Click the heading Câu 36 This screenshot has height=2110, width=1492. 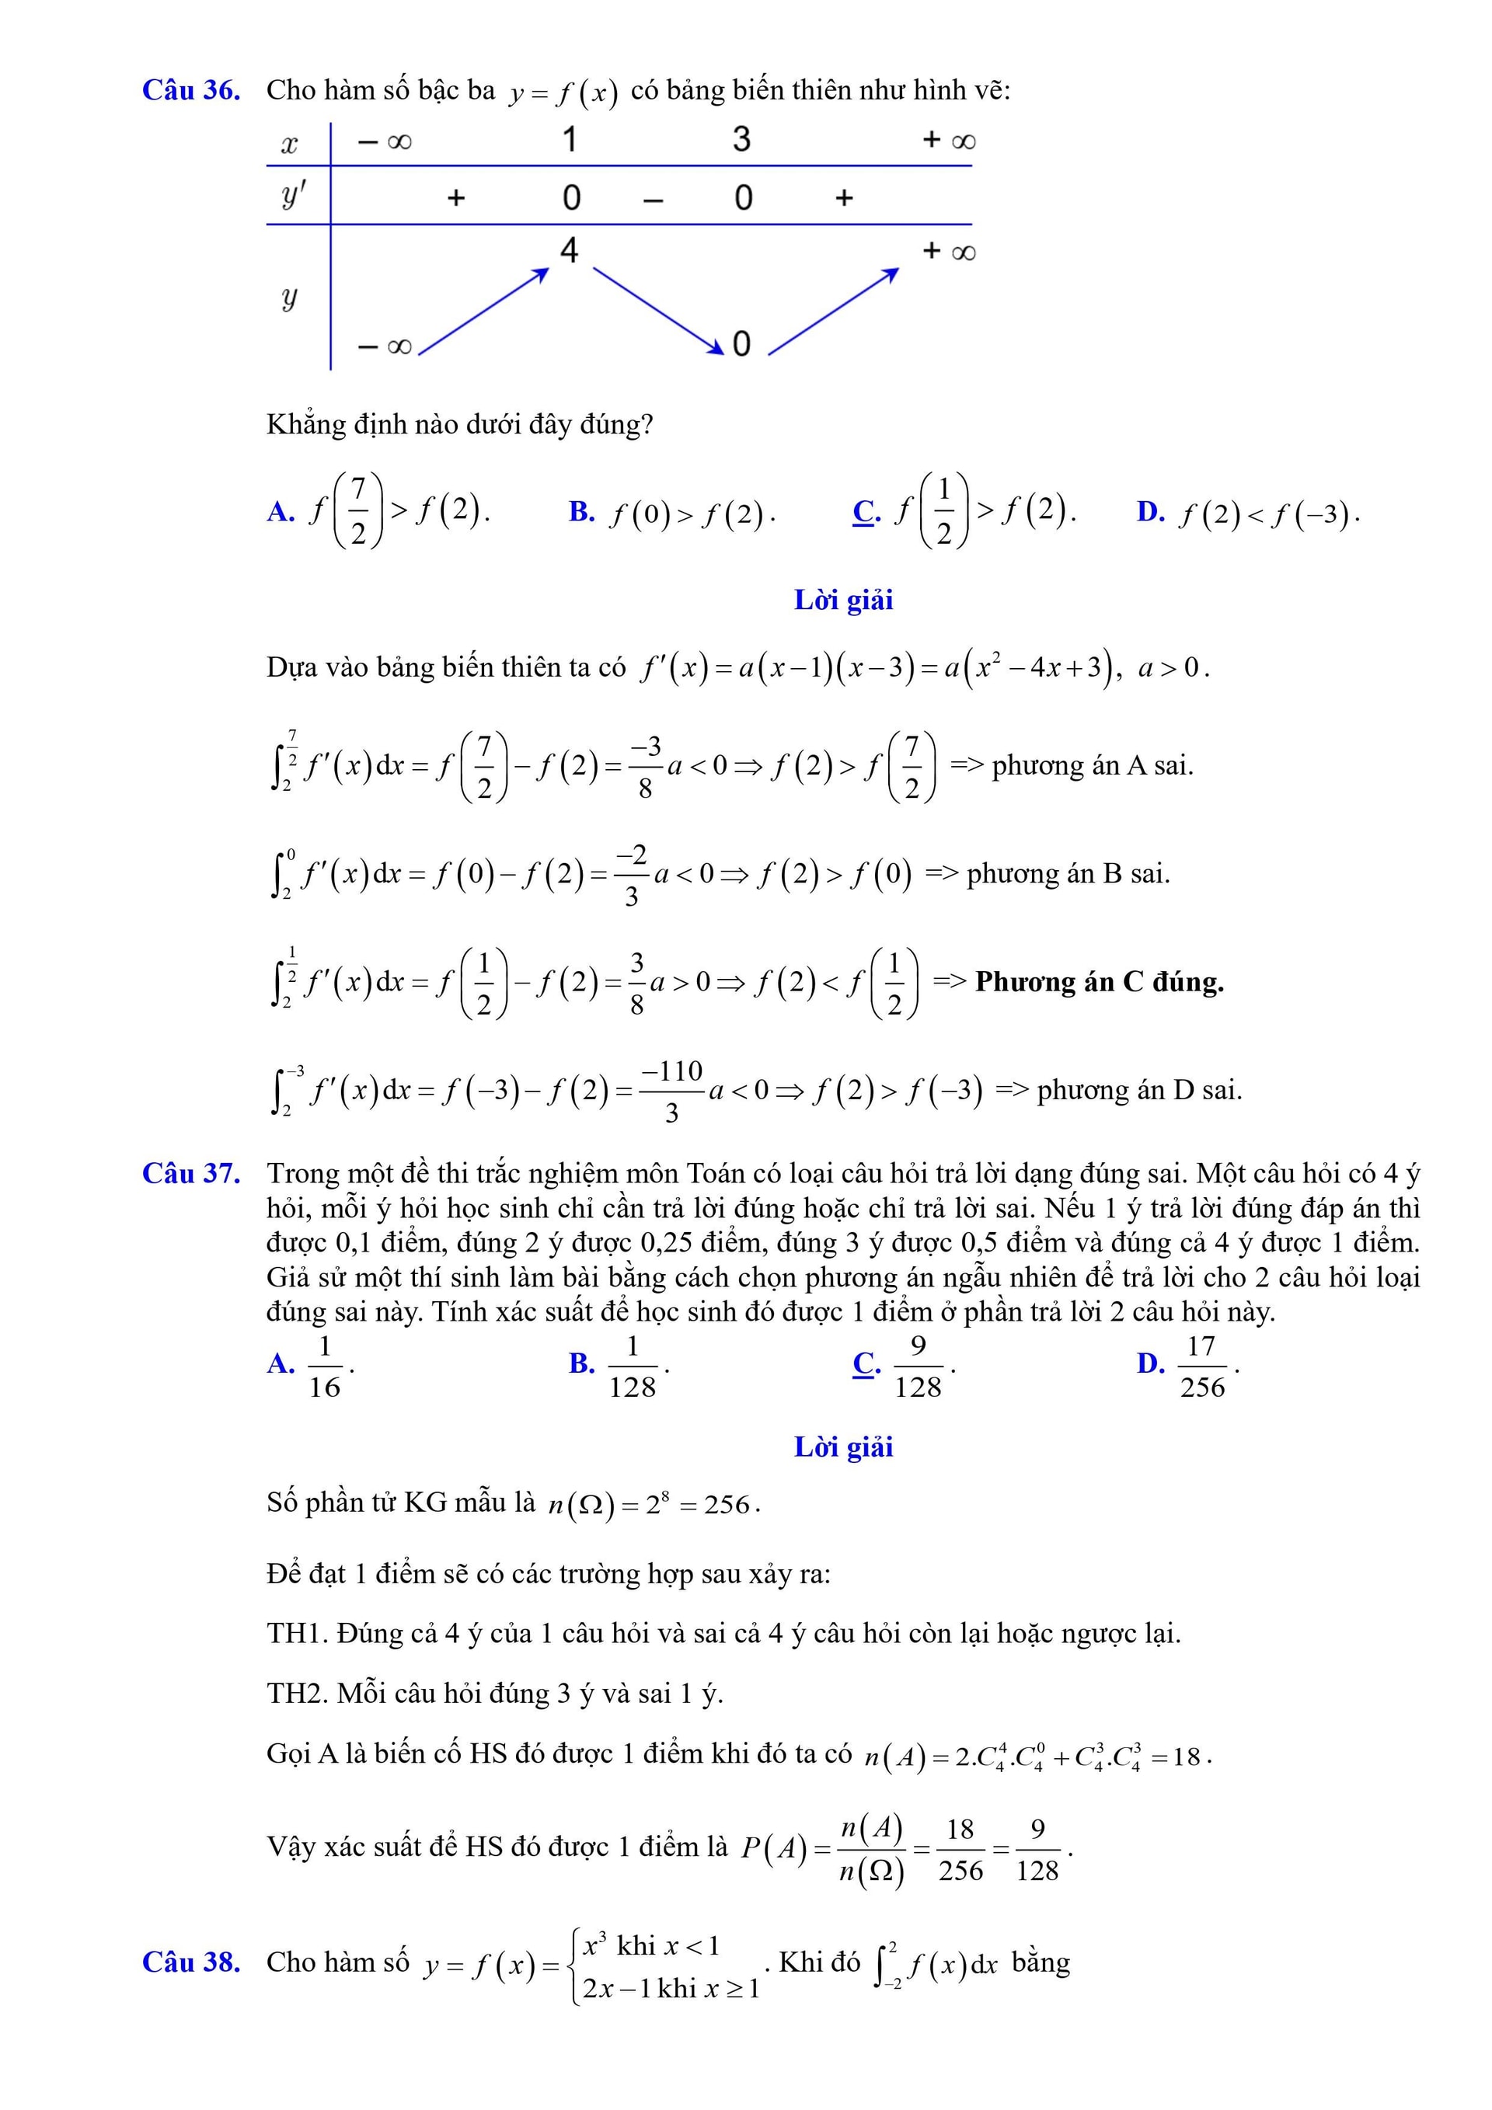[x=190, y=90]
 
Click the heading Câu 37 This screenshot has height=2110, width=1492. [x=190, y=1174]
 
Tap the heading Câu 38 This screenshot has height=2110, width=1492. [x=190, y=1962]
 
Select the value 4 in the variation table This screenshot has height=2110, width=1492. [x=569, y=250]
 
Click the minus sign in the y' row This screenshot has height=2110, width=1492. [x=653, y=199]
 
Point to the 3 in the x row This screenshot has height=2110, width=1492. [x=741, y=140]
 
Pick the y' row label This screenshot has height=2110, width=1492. [x=292, y=196]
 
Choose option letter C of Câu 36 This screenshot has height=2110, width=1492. [x=866, y=511]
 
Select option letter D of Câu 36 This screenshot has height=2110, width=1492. [x=1150, y=512]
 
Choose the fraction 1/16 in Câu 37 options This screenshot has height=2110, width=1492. [x=325, y=1367]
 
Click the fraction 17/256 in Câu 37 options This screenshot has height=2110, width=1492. [x=1201, y=1367]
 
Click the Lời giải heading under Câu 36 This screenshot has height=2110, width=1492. [x=843, y=600]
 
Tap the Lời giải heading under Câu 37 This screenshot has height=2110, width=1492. [x=843, y=1447]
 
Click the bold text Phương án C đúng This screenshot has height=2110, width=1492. [x=1099, y=983]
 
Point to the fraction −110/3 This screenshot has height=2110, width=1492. [x=672, y=1091]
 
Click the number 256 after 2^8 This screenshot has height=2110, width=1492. [x=727, y=1504]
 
